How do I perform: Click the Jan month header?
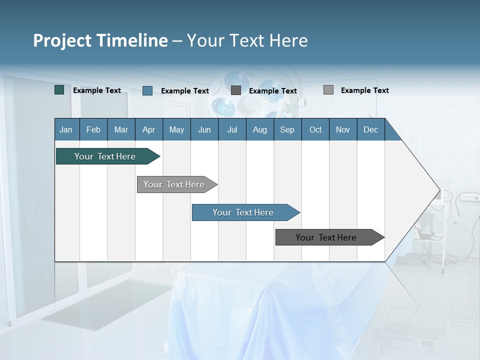pos(66,129)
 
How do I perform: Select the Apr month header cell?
pos(149,129)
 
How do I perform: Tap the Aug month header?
pos(259,129)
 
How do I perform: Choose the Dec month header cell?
pos(370,129)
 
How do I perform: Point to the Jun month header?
pos(204,129)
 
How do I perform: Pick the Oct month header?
pos(315,129)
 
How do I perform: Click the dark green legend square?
pos(59,90)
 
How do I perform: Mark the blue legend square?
pos(147,90)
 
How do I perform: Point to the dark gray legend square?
pos(236,90)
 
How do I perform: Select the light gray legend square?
pos(328,90)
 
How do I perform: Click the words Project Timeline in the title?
pos(100,40)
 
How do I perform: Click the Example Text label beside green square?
pos(97,90)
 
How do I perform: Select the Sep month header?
pos(287,129)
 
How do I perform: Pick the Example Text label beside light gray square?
pos(364,90)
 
